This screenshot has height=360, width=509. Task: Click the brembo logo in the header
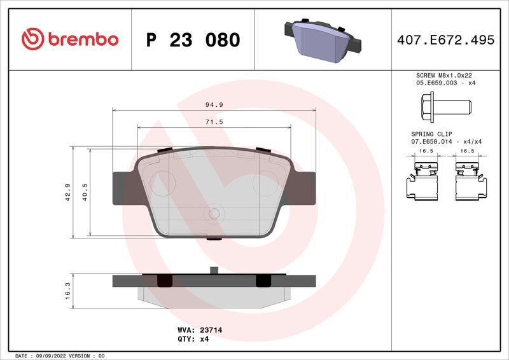coord(69,39)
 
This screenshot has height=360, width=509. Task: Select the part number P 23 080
coord(193,40)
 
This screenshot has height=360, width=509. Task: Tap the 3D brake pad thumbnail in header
coord(323,39)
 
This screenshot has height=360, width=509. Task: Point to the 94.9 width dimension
coord(214,104)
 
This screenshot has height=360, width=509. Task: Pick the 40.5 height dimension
coord(85,192)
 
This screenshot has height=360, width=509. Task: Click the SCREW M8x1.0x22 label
coord(443,75)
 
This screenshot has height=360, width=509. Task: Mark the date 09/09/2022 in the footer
coord(49,356)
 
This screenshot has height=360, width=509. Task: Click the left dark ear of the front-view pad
coord(125,188)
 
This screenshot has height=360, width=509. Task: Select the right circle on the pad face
coord(265,184)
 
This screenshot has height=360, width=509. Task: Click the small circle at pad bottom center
coord(214,215)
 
